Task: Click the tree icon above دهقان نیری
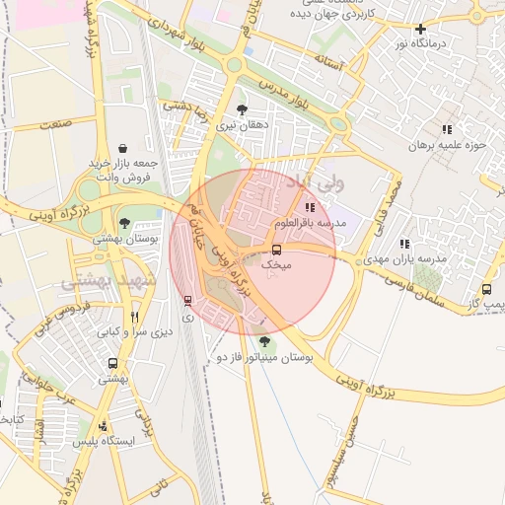(243, 109)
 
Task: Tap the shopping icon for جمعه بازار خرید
(121, 148)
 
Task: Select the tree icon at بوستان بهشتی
(124, 223)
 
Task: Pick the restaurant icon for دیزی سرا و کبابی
(134, 318)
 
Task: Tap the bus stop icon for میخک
(277, 250)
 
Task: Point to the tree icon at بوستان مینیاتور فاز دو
(263, 341)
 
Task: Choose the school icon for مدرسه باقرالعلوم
(311, 207)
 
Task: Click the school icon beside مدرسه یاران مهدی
(404, 244)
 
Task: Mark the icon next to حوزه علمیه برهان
(447, 129)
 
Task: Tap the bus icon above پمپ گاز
(487, 290)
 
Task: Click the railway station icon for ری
(187, 301)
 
